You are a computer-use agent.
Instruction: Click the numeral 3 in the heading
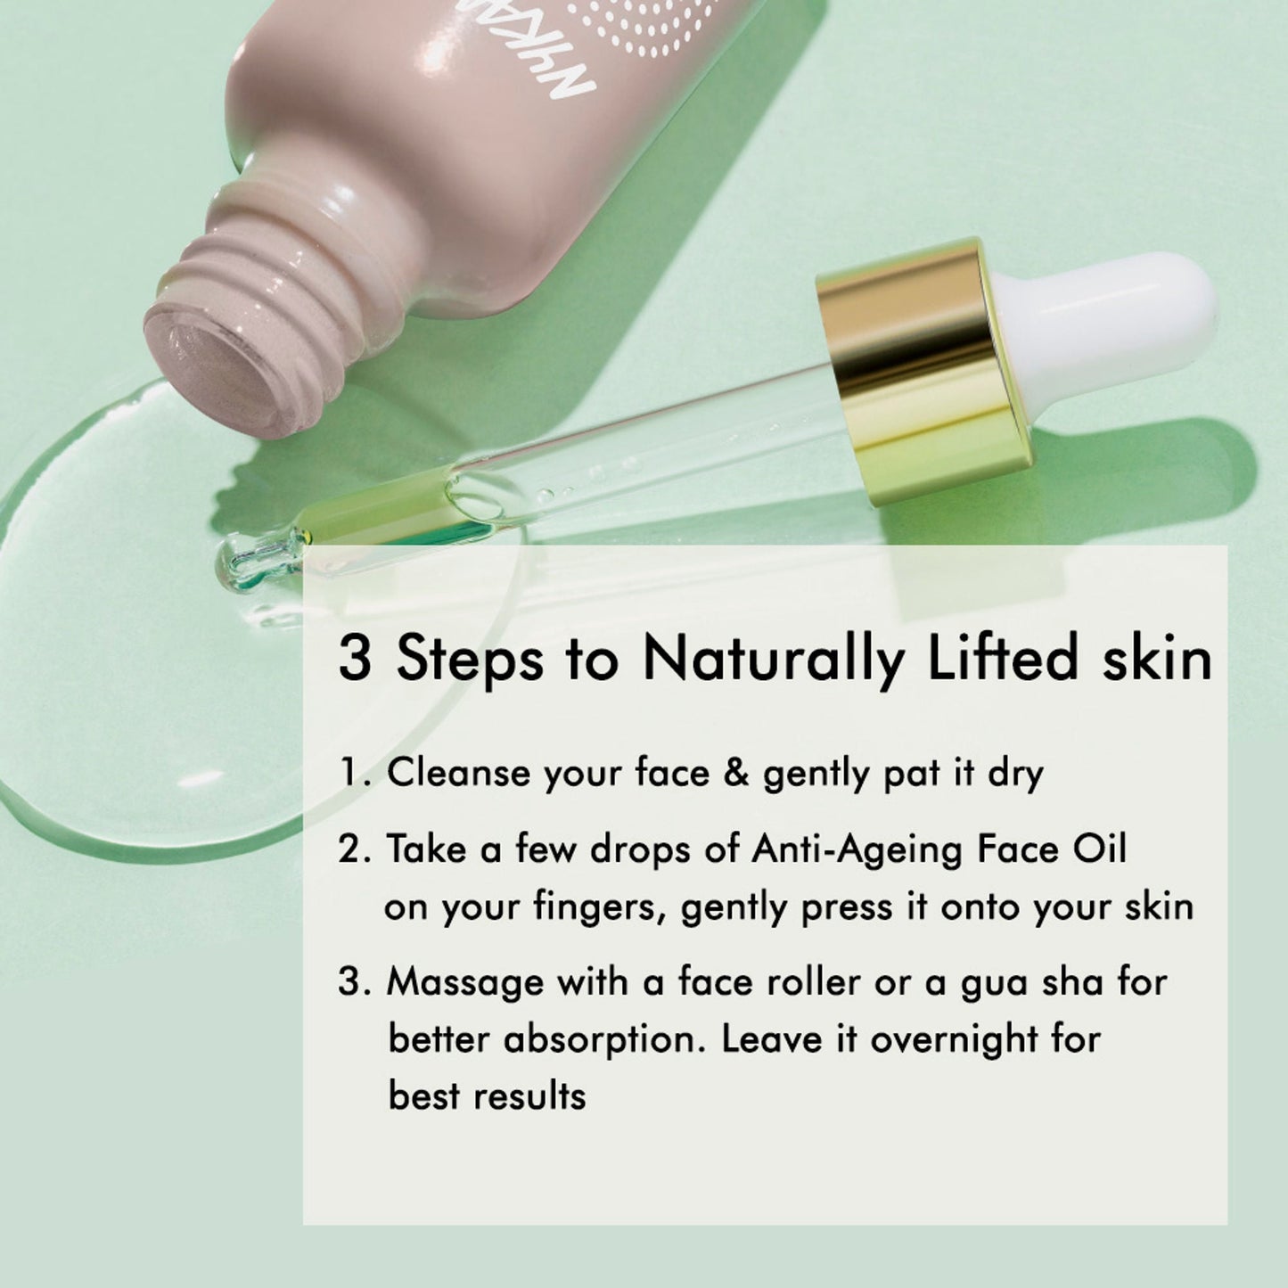(x=354, y=659)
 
